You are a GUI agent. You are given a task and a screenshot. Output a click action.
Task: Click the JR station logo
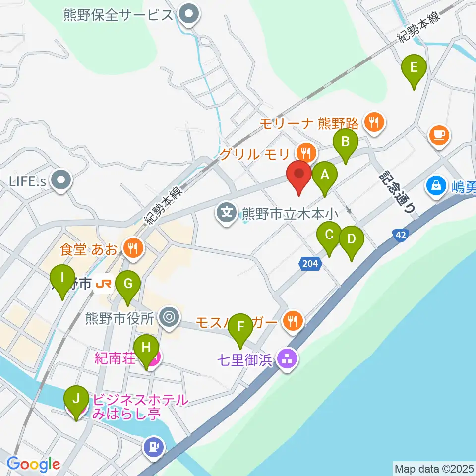104,284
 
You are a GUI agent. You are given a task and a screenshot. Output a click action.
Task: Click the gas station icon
154,447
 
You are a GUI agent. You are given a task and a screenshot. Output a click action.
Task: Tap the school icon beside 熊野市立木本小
227,214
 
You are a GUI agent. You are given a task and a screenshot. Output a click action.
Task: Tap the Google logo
33,465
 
